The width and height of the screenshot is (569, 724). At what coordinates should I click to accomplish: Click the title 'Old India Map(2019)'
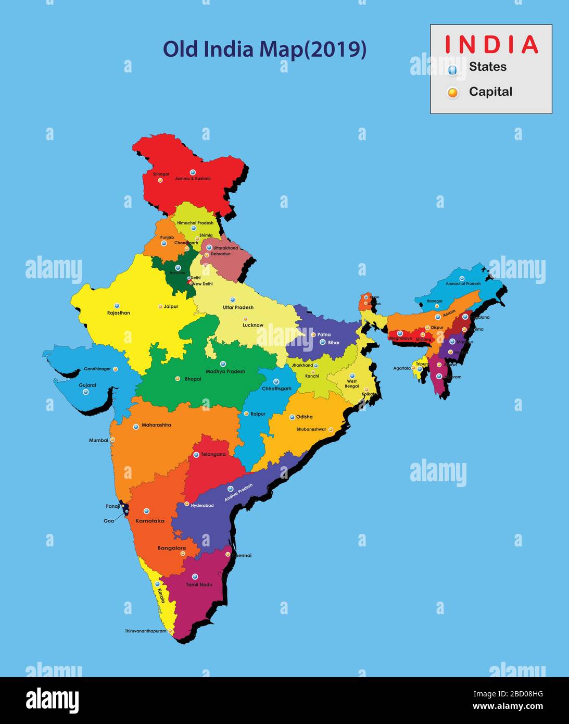click(x=264, y=49)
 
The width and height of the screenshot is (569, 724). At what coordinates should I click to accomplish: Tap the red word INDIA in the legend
click(x=491, y=44)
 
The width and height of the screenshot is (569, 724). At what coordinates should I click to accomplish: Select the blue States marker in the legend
click(x=452, y=69)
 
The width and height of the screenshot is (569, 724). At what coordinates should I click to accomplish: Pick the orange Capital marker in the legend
click(x=453, y=93)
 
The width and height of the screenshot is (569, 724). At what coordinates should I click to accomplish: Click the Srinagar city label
click(x=161, y=174)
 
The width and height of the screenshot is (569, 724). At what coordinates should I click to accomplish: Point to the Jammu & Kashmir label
click(x=193, y=179)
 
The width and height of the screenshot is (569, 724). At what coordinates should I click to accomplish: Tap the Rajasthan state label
click(x=119, y=313)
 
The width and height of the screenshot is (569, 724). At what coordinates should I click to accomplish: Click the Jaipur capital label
click(x=171, y=307)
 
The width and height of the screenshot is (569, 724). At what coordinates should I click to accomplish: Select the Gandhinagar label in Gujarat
click(x=97, y=369)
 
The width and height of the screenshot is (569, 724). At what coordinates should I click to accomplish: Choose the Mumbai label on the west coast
click(x=98, y=440)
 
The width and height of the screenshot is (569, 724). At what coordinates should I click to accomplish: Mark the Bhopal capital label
click(x=193, y=379)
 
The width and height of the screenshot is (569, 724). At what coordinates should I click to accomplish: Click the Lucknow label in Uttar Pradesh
click(x=253, y=325)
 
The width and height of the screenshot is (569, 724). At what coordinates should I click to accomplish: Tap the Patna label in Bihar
click(x=324, y=334)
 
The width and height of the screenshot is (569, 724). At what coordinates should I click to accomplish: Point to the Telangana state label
click(x=213, y=455)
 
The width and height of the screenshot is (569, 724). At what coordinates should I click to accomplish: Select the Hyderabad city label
click(x=202, y=505)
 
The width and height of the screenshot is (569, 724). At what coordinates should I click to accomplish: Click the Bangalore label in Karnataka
click(x=171, y=548)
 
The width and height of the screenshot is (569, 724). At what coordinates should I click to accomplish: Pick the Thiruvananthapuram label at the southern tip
click(x=145, y=631)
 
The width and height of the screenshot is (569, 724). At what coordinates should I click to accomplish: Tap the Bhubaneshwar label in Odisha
click(x=311, y=429)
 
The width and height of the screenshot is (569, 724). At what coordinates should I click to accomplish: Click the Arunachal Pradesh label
click(x=463, y=284)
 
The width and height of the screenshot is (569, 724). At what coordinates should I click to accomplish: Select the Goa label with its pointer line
click(x=109, y=521)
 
